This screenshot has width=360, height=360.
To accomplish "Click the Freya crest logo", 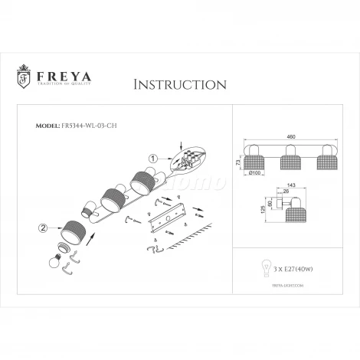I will point(23,77).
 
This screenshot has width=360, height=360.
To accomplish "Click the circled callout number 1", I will point(152,159).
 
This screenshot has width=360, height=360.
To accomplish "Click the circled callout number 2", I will point(42,227).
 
